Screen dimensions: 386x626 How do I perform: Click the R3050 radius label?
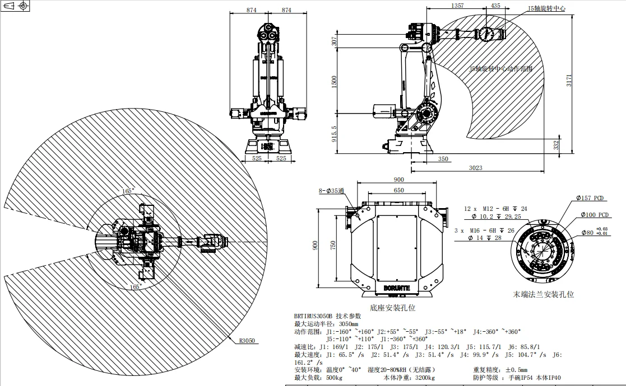click(247, 340)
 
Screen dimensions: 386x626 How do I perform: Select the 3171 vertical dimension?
click(569, 81)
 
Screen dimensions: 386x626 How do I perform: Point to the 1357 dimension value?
click(457, 5)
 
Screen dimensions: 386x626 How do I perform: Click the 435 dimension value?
click(495, 5)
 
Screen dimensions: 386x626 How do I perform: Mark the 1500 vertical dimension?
click(335, 82)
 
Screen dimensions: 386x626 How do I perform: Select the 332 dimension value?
click(556, 144)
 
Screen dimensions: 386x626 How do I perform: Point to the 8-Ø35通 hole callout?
click(331, 191)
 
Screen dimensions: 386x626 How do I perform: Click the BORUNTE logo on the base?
click(397, 288)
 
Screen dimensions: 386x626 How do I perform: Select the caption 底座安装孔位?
click(393, 308)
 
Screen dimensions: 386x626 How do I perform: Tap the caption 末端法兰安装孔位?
click(544, 294)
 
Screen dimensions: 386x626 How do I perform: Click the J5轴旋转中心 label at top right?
click(546, 9)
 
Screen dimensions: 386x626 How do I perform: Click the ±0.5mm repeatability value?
click(516, 370)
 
